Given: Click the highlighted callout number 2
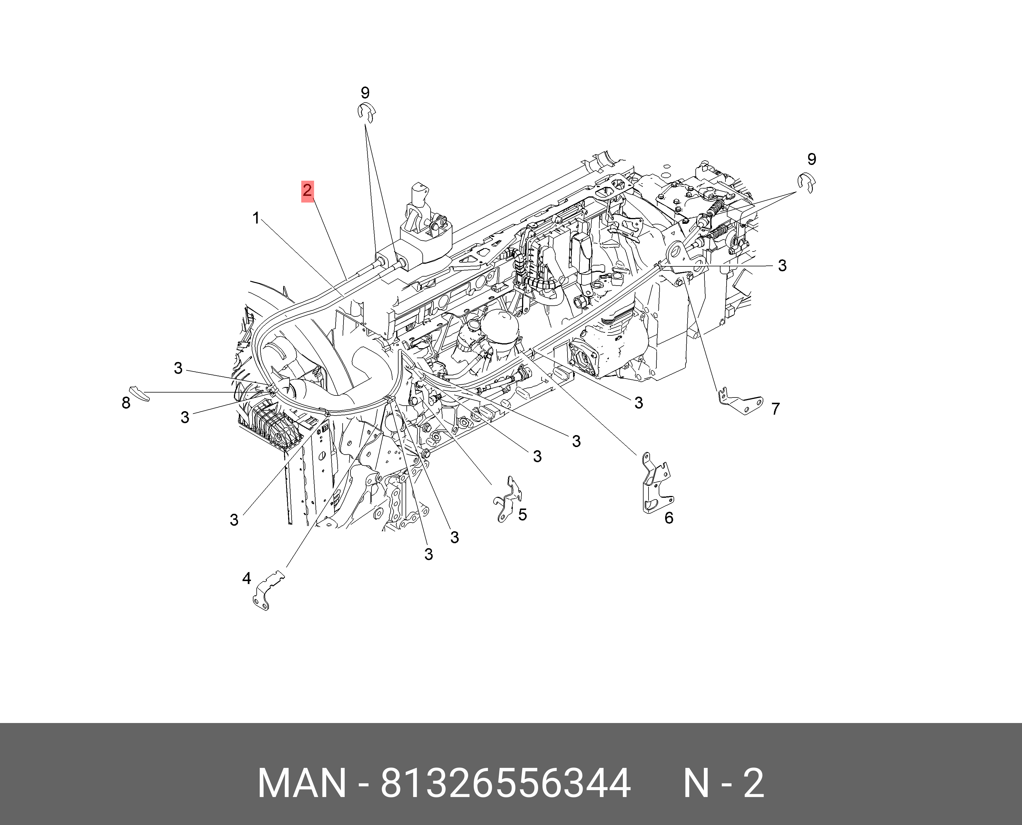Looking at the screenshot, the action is [x=307, y=191].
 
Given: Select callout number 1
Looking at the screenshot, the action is [x=256, y=219].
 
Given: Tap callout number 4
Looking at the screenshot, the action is [x=246, y=578].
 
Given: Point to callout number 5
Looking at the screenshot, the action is [x=523, y=515].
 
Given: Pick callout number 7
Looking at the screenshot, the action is [x=776, y=409].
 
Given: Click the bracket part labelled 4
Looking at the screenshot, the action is [x=268, y=592].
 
